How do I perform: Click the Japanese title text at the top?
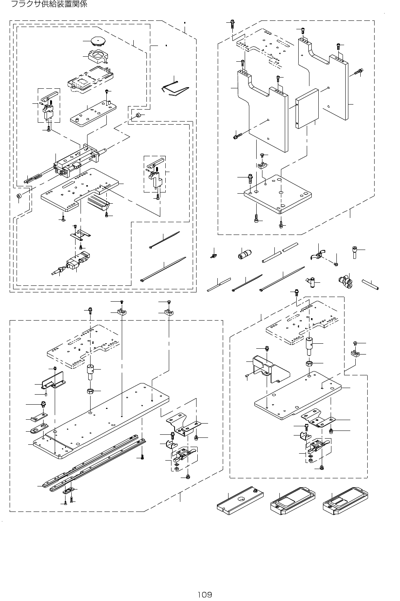(49, 5)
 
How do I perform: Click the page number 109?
(204, 594)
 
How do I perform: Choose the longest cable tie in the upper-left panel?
(163, 269)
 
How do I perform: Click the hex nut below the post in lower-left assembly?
(89, 392)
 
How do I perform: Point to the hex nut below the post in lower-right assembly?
(309, 363)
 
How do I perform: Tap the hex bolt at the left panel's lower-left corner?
(237, 136)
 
